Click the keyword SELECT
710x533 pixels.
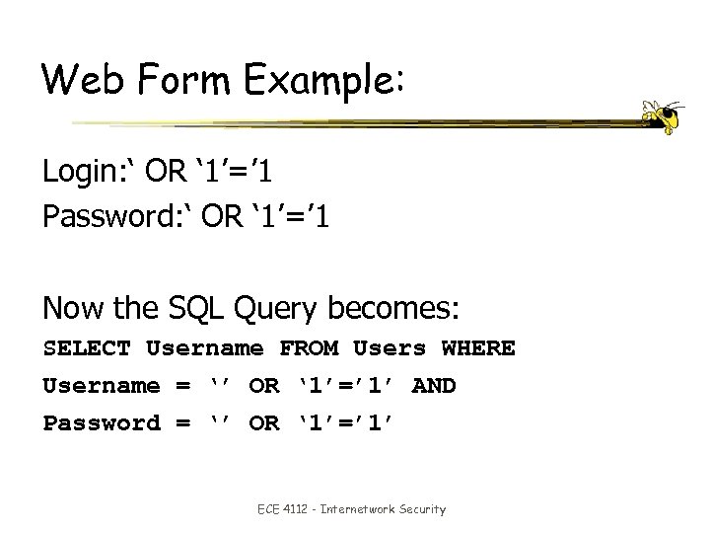coord(87,348)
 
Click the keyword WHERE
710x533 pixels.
coord(478,348)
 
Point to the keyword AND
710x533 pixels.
coord(433,386)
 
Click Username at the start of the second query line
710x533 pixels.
coord(101,386)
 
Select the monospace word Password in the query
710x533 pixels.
coord(101,423)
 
